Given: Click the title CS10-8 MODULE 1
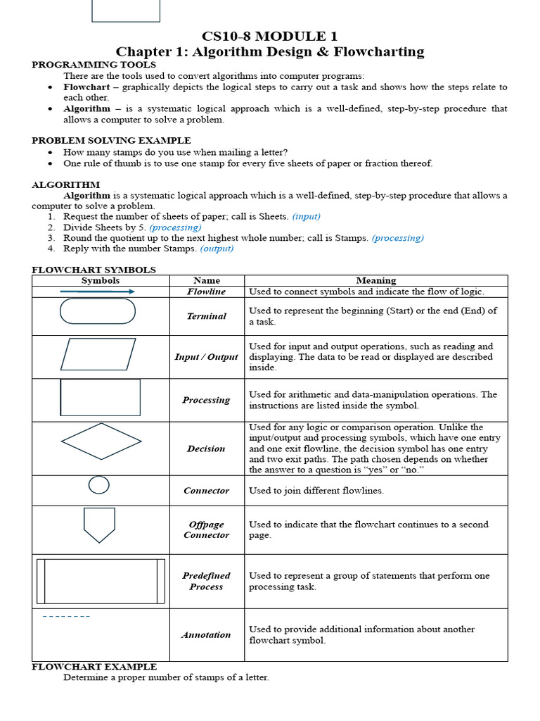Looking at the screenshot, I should pyautogui.click(x=269, y=37).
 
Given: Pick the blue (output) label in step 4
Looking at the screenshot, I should pyautogui.click(x=217, y=248).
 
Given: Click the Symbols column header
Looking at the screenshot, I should pyautogui.click(x=101, y=280).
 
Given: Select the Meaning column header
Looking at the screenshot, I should pyautogui.click(x=375, y=280).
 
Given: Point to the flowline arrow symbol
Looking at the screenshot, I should pyautogui.click(x=98, y=291).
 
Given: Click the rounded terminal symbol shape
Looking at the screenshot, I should pyautogui.click(x=98, y=311).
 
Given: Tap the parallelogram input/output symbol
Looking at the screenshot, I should pyautogui.click(x=98, y=354).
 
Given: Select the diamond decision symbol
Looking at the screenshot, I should pyautogui.click(x=101, y=441).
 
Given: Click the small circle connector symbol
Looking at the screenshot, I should pyautogui.click(x=99, y=485).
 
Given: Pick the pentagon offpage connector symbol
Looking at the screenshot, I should pyautogui.click(x=99, y=525).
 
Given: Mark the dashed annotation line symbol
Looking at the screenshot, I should pyautogui.click(x=66, y=617).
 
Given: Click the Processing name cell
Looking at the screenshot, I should pyautogui.click(x=206, y=400).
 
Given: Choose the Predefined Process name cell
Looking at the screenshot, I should pyautogui.click(x=206, y=581).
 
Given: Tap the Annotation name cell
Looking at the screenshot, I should pyautogui.click(x=206, y=634).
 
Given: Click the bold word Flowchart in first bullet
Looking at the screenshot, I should pyautogui.click(x=86, y=87).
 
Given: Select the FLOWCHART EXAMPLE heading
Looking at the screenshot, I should pyautogui.click(x=94, y=666).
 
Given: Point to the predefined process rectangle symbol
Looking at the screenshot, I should pyautogui.click(x=101, y=582).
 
